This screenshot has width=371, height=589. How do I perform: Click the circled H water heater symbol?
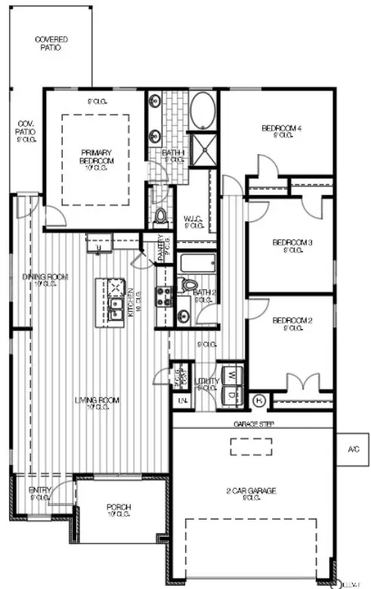pyautogui.click(x=258, y=399)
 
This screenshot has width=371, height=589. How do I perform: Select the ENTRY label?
pyautogui.click(x=40, y=491)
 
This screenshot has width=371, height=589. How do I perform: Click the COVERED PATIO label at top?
pyautogui.click(x=51, y=42)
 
